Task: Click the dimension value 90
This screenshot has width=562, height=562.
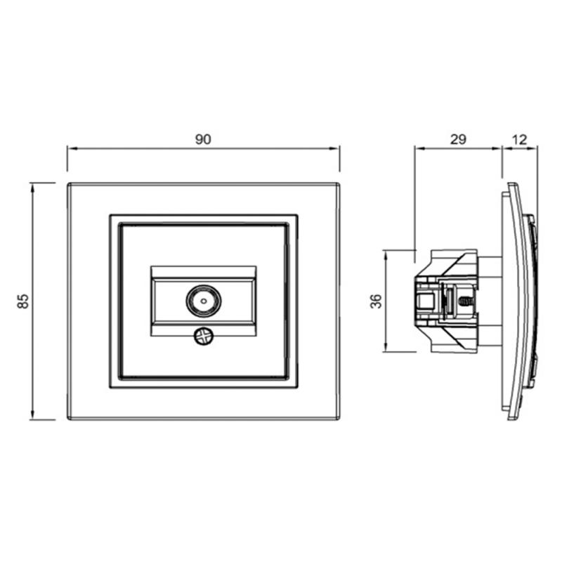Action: (x=203, y=139)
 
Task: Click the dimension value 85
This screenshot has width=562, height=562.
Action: (x=23, y=301)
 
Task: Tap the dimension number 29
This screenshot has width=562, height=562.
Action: (x=458, y=139)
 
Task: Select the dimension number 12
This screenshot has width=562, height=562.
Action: (x=519, y=139)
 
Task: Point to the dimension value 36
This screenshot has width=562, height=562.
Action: (x=376, y=301)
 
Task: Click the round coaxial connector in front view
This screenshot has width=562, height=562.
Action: (x=204, y=301)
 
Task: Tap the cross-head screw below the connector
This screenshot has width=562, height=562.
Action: (x=204, y=336)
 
